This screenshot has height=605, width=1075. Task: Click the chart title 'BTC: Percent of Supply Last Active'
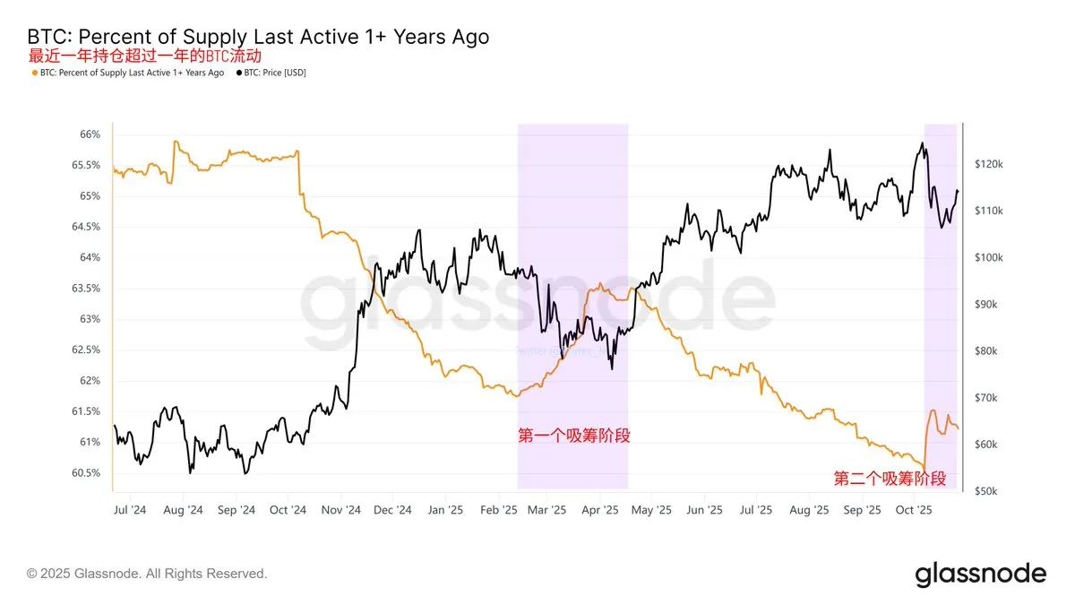(x=259, y=37)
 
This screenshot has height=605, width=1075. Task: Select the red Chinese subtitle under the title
(x=151, y=56)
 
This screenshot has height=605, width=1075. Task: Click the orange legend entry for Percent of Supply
(x=127, y=73)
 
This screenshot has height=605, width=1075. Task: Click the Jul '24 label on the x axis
(x=131, y=510)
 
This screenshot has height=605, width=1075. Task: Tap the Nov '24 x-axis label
(x=341, y=510)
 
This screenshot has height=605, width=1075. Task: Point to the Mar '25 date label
(x=547, y=510)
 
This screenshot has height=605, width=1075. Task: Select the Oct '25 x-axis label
(x=914, y=510)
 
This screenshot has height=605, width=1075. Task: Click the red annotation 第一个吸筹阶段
(x=574, y=436)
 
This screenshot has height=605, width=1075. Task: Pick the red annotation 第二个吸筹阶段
(x=890, y=478)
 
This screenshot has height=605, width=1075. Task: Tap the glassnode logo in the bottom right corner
(x=980, y=574)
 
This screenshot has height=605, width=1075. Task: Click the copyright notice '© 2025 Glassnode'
(x=147, y=573)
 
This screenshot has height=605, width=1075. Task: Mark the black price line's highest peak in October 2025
(x=922, y=143)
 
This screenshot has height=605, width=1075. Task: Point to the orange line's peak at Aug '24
(x=176, y=142)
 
